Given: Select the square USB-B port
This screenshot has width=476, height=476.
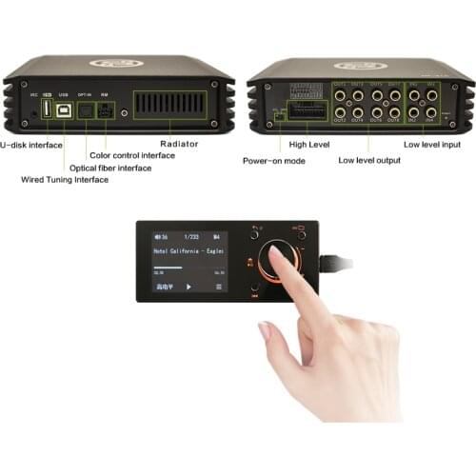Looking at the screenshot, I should click(x=65, y=109).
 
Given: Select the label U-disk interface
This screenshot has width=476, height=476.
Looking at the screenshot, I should click(x=31, y=145).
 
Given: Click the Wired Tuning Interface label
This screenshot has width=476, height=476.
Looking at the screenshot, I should click(x=64, y=179).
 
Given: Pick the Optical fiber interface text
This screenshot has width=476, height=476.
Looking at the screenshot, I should click(x=110, y=168).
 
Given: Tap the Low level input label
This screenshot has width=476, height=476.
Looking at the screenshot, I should click(x=432, y=144).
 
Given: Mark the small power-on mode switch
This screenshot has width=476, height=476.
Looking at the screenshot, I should click(x=276, y=113).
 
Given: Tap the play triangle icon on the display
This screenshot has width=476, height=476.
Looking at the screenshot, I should click(x=188, y=286).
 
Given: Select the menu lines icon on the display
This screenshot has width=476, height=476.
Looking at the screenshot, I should click(x=218, y=286).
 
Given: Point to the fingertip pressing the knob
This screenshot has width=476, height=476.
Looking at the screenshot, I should click(x=278, y=255).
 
